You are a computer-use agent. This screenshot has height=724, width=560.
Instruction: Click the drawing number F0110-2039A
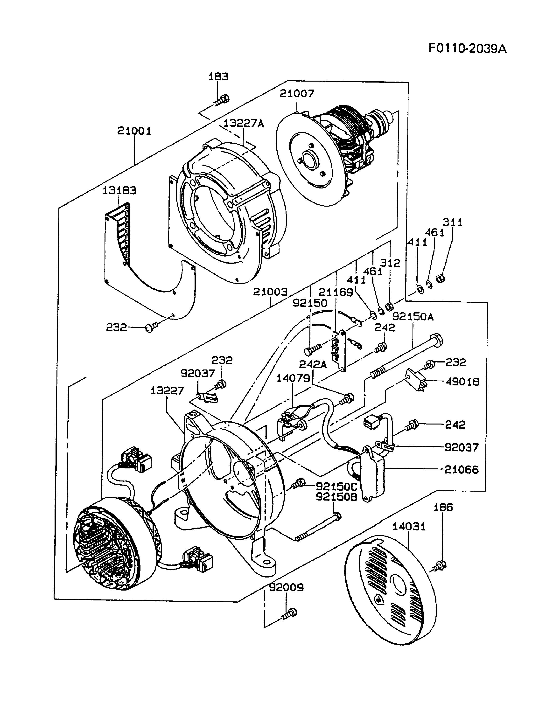[x=468, y=49]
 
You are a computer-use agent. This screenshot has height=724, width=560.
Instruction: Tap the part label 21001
[x=134, y=131]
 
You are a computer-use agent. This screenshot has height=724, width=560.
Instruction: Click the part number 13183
[x=119, y=191]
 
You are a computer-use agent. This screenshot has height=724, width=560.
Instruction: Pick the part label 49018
[x=462, y=382]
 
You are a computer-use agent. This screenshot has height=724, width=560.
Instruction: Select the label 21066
[x=462, y=470]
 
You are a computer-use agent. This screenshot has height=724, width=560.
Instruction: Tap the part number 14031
[x=409, y=526]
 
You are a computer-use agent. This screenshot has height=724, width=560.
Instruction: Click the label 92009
[x=286, y=587]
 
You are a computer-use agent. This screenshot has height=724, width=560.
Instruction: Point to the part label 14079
[x=293, y=378]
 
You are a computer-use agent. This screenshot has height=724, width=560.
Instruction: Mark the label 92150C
[x=336, y=487]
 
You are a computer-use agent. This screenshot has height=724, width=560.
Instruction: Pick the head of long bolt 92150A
[x=436, y=341]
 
